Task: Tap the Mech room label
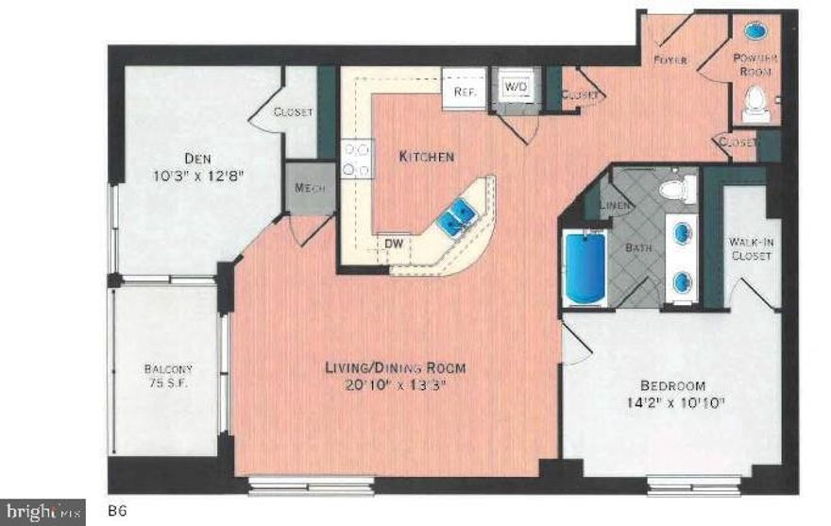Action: (310, 187)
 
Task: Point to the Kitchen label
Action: (427, 156)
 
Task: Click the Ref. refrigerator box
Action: (464, 91)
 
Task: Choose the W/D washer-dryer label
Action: (516, 86)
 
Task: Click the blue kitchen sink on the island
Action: (457, 215)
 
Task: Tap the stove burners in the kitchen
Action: (358, 159)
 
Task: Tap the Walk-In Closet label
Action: (753, 248)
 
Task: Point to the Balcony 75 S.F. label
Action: (169, 377)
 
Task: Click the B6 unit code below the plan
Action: (117, 511)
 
